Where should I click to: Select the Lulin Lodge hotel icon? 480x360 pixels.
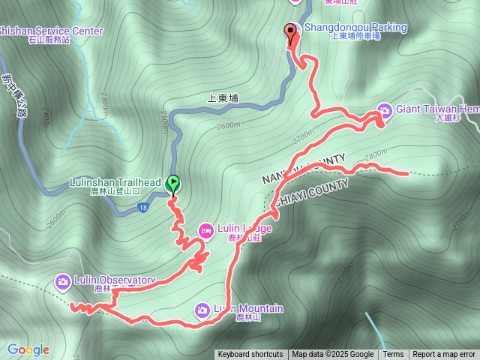(205, 229)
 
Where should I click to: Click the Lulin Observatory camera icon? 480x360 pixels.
(63, 281)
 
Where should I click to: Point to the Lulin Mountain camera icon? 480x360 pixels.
(202, 309)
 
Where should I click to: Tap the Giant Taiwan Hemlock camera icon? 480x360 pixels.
(385, 110)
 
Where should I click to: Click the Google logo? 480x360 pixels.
(28, 349)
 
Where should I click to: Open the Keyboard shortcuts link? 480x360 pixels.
(250, 355)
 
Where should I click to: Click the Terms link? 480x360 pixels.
(393, 355)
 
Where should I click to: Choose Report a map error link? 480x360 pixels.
(444, 355)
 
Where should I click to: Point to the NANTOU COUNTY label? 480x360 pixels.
(303, 169)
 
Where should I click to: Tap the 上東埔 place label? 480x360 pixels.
(221, 97)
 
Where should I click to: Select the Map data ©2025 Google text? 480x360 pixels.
(333, 355)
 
